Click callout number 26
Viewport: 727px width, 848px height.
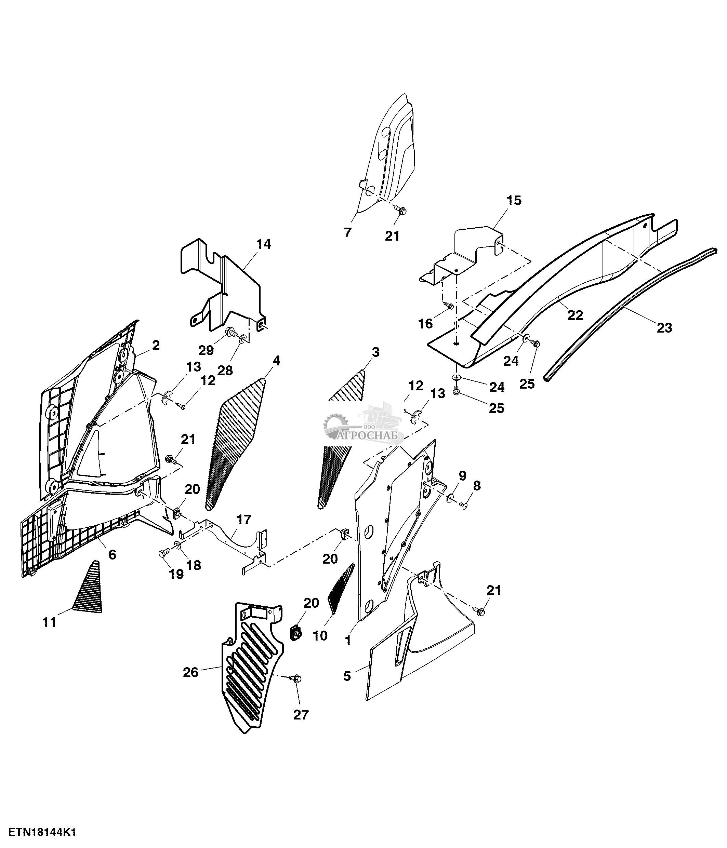pos(191,672)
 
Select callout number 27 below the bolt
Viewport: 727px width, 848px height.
pos(301,726)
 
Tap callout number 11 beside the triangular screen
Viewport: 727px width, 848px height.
pos(50,622)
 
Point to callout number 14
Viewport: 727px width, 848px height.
pos(264,244)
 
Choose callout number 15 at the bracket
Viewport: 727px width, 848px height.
pos(514,201)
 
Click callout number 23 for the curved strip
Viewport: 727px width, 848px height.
pos(665,328)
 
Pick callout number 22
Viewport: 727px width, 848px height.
pos(575,315)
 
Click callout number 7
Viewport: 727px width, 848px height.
pos(347,233)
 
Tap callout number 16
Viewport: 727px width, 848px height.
pos(425,324)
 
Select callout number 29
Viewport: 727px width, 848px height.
pos(206,351)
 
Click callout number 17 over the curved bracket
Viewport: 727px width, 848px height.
pos(243,520)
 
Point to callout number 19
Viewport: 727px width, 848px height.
pos(176,575)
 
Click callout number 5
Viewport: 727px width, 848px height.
pos(347,676)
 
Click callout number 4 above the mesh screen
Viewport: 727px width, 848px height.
pos(277,361)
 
